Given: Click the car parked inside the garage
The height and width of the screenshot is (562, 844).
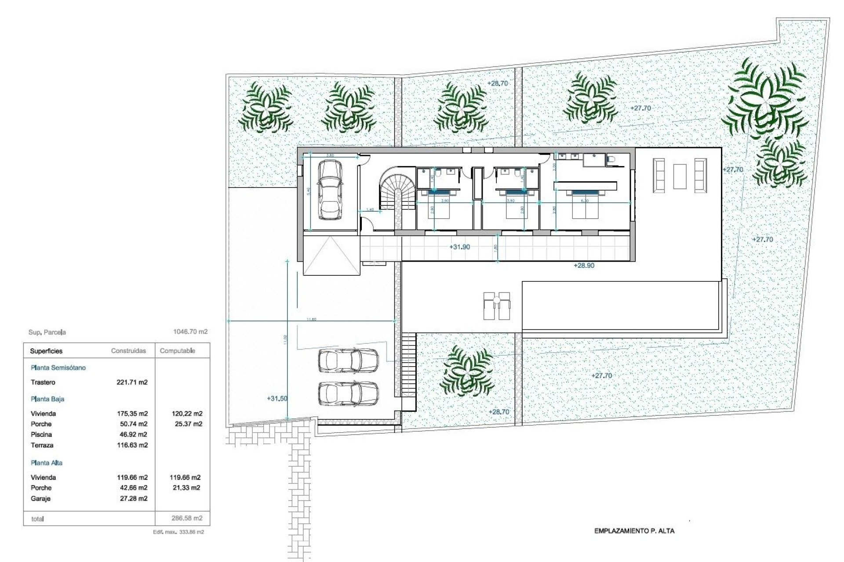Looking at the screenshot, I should tap(330, 190).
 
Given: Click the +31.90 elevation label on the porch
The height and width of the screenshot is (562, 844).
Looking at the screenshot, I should tap(459, 247).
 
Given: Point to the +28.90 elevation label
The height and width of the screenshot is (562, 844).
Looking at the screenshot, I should tap(584, 266).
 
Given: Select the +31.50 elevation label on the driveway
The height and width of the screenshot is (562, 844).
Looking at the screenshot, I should tap(277, 399).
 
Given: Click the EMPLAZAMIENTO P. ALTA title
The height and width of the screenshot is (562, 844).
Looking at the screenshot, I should tap(634, 531).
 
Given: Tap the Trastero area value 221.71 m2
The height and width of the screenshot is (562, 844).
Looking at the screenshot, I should tap(131, 382).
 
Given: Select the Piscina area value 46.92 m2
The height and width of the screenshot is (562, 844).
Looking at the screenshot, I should tap(131, 435).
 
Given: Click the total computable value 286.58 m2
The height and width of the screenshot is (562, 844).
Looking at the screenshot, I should tap(186, 518).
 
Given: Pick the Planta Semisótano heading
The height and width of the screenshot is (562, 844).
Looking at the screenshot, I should tap(58, 368).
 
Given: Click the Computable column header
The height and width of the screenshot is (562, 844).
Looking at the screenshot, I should tap(177, 351).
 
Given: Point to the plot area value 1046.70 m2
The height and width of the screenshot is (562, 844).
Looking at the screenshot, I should tap(190, 332).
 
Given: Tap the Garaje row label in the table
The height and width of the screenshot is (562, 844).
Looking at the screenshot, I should tap(40, 499).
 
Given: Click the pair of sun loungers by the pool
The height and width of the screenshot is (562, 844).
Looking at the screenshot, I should tap(497, 306).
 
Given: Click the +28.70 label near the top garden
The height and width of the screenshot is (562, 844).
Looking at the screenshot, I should tap(498, 83).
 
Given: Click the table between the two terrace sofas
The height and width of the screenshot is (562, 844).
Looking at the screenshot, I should tap(680, 176).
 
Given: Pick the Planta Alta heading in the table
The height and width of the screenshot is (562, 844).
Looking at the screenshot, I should tap(47, 463).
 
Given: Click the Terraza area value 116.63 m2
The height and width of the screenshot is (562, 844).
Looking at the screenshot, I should tap(131, 445).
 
